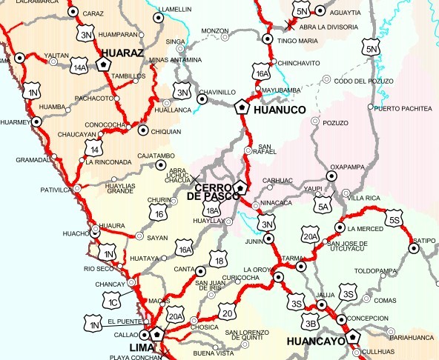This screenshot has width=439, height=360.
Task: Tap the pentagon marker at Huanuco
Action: [x=240, y=107]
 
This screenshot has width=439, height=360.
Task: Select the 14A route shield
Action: [x=81, y=67]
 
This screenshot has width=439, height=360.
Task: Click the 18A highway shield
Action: [x=214, y=212]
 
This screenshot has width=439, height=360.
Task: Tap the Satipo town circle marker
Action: [x=414, y=248]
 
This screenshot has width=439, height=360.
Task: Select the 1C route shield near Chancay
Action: [x=113, y=300]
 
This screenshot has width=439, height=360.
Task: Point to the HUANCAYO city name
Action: [x=315, y=342]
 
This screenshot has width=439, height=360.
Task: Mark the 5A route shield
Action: [x=323, y=207]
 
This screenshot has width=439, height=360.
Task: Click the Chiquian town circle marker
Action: [x=143, y=130]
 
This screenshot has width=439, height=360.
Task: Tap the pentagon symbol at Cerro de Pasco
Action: [x=240, y=187]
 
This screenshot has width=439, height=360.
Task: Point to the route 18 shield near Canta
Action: [x=217, y=259]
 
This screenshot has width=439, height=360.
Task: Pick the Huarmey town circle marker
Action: [x=36, y=120]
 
